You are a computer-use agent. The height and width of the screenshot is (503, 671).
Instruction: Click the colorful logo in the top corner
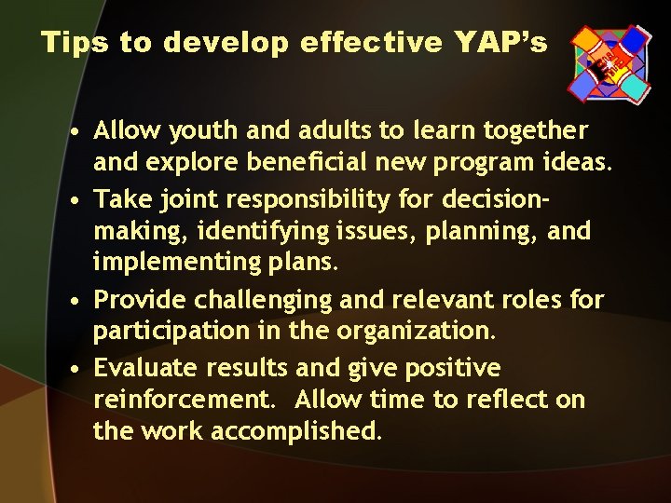point(610,61)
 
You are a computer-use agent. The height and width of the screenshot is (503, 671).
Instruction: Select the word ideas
point(578,165)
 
